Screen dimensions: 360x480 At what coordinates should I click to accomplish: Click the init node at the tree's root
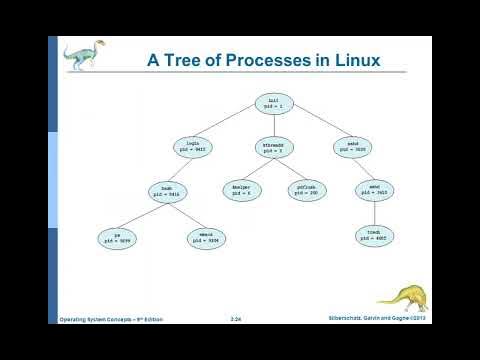point(273,103)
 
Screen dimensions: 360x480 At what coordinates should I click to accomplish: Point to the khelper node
point(240,190)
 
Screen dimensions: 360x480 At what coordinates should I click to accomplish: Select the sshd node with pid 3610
point(374,190)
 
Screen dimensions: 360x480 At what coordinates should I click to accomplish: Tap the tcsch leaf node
point(374,236)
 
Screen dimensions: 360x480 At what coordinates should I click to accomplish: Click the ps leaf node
point(118,238)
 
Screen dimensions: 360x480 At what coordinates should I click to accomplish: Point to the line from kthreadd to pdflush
point(290,168)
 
